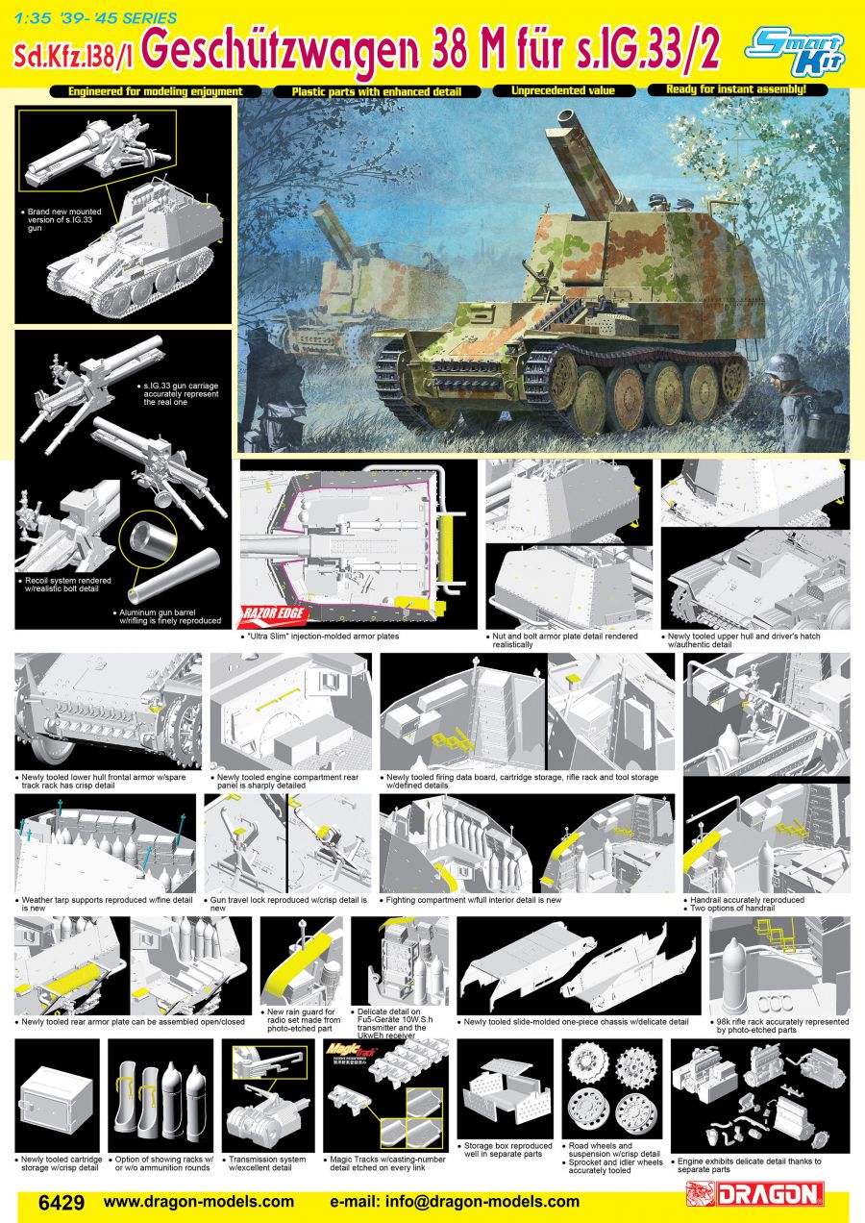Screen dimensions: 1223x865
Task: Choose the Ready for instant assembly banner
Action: point(736,89)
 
